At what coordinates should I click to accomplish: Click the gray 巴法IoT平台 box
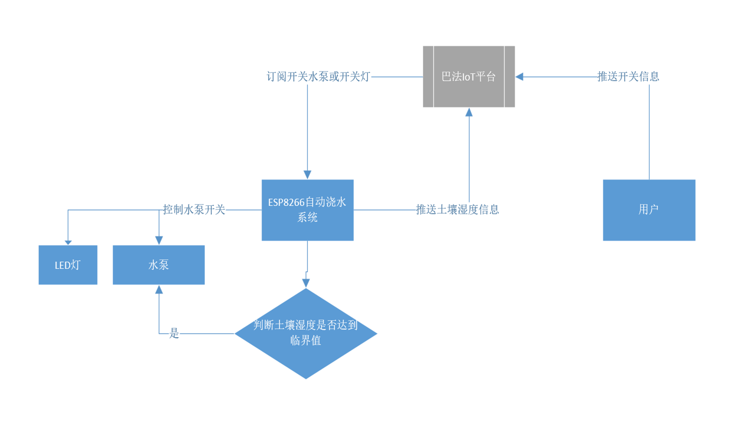click(x=469, y=77)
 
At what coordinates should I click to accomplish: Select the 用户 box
click(x=649, y=210)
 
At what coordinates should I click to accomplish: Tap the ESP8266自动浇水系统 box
click(x=307, y=210)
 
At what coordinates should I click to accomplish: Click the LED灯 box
click(x=68, y=265)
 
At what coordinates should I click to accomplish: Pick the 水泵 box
click(x=159, y=265)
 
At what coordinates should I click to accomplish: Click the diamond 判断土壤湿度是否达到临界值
click(x=306, y=333)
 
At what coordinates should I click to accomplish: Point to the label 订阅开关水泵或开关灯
click(x=318, y=77)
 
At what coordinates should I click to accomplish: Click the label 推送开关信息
click(x=628, y=77)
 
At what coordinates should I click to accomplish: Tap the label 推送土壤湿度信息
click(x=457, y=210)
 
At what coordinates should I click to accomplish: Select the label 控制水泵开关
click(x=194, y=210)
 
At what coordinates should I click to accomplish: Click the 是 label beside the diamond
click(x=174, y=333)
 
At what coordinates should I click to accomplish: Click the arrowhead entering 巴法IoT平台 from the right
click(x=520, y=77)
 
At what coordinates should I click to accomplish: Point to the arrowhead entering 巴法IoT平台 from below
click(x=469, y=112)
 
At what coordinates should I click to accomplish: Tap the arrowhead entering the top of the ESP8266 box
click(x=307, y=175)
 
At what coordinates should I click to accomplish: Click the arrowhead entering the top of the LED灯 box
click(x=68, y=242)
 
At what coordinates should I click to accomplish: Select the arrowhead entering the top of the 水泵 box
click(x=159, y=241)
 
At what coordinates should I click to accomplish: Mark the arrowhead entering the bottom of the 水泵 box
click(x=159, y=290)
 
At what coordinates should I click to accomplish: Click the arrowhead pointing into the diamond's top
click(x=306, y=283)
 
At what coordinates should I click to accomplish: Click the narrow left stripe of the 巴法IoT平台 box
click(x=428, y=77)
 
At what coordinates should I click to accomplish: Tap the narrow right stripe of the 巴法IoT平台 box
click(x=510, y=77)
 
